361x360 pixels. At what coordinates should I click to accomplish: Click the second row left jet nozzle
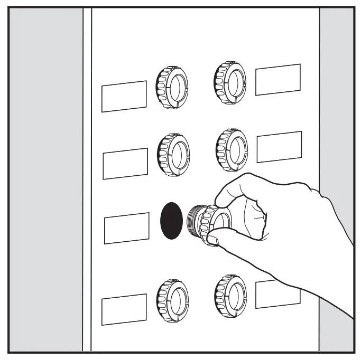(x=172, y=155)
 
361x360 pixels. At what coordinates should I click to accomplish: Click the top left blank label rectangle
(x=124, y=96)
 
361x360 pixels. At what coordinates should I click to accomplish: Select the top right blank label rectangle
(x=278, y=80)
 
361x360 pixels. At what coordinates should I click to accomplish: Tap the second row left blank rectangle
(x=125, y=164)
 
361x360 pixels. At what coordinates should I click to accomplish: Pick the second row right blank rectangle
(x=279, y=147)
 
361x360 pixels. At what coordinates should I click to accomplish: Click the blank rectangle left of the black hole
(x=126, y=228)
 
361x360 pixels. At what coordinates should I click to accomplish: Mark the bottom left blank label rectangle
(x=124, y=309)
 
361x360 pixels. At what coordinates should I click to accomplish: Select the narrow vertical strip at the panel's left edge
(x=87, y=179)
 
